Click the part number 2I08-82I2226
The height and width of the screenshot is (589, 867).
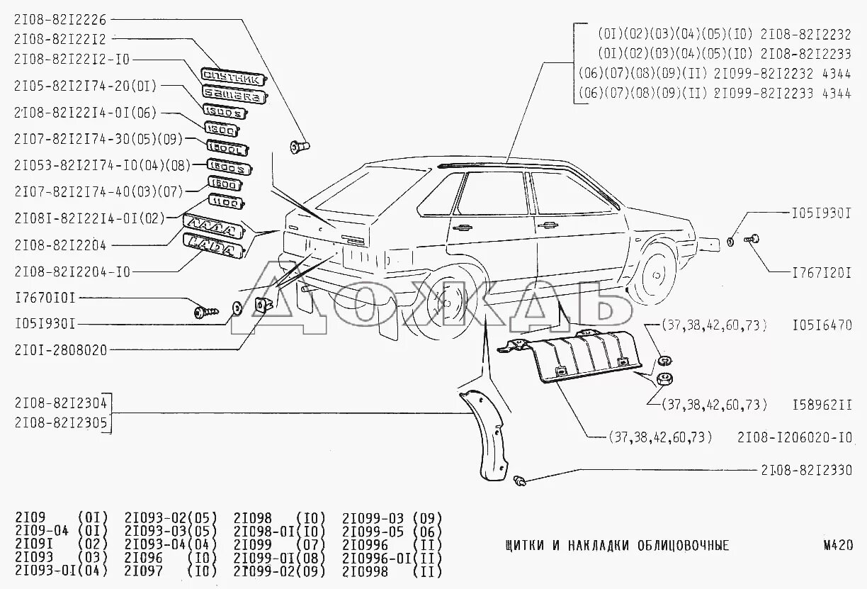pos(60,20)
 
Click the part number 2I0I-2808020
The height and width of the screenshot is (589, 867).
pos(60,349)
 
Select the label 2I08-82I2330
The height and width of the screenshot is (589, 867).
pos(806,470)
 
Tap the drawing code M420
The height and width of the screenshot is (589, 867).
pos(837,545)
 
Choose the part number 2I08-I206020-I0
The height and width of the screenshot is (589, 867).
pos(794,437)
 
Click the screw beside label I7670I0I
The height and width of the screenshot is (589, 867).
pos(205,310)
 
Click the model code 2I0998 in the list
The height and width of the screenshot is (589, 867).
pos(365,571)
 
